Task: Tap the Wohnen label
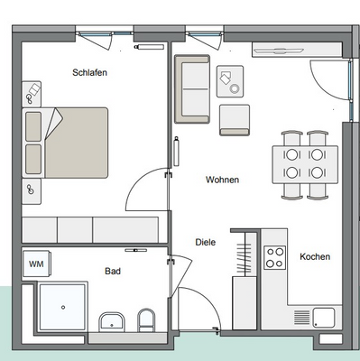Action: [x=222, y=180]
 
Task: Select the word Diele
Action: [x=206, y=242]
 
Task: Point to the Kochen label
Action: [x=314, y=256]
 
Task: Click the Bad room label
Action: [x=113, y=271]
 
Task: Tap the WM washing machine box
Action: [x=36, y=264]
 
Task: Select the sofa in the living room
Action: [x=192, y=88]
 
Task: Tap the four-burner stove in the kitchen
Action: [x=273, y=255]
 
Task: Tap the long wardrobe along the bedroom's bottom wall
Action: [x=90, y=227]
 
